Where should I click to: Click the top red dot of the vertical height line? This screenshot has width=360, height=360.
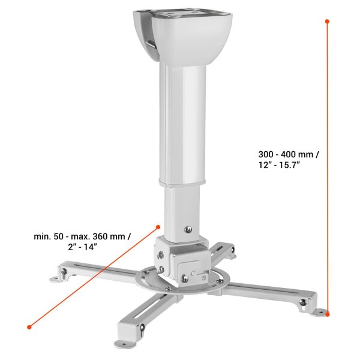[327, 21]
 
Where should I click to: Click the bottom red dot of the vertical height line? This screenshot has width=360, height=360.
[328, 313]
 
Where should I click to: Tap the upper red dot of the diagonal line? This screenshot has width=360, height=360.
[158, 227]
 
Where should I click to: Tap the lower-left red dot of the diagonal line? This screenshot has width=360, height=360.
[29, 327]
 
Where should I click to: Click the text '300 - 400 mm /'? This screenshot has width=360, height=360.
[284, 154]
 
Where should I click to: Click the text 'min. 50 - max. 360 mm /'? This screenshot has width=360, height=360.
[82, 236]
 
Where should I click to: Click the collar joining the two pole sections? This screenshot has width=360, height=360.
[182, 181]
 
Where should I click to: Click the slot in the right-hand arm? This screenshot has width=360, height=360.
[267, 292]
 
